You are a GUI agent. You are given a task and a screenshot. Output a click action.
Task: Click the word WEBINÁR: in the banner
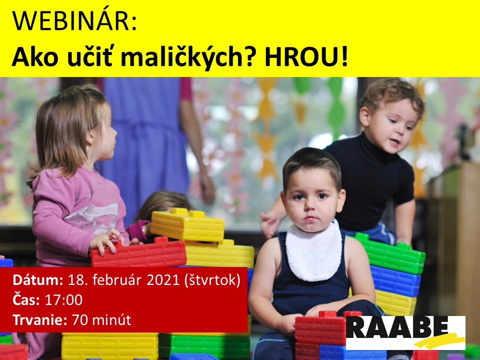(x=74, y=21)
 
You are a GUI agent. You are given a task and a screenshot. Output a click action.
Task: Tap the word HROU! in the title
(x=306, y=57)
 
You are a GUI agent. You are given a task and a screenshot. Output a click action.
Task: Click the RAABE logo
(x=405, y=333)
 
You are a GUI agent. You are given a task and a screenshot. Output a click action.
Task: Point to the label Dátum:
(x=38, y=280)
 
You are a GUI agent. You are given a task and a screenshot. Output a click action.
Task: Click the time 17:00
(x=63, y=300)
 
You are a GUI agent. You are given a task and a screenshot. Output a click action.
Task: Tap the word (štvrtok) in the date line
(x=212, y=280)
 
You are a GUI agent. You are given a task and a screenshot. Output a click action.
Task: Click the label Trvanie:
(x=40, y=320)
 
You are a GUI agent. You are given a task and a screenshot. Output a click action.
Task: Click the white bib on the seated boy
(x=314, y=251)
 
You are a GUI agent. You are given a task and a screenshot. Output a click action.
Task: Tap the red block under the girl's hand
(x=138, y=252)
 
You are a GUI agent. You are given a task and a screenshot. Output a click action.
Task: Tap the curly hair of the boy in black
(x=392, y=93)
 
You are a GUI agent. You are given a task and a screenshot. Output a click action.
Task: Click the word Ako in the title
(x=35, y=57)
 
